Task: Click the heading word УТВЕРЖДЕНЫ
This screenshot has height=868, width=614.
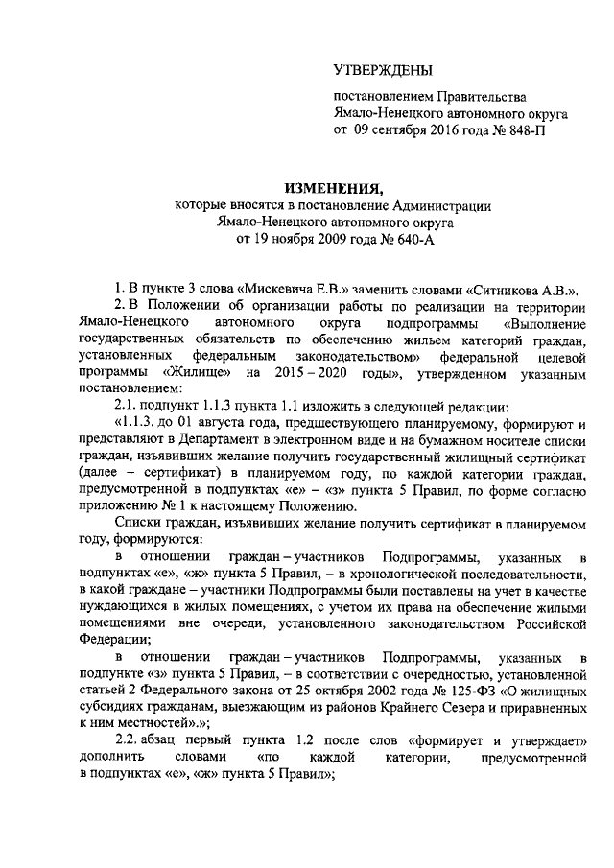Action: click(383, 69)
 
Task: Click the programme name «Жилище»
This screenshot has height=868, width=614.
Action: click(197, 371)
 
